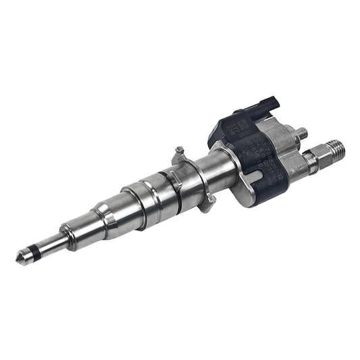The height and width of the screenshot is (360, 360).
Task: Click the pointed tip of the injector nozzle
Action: pyautogui.click(x=19, y=259)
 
